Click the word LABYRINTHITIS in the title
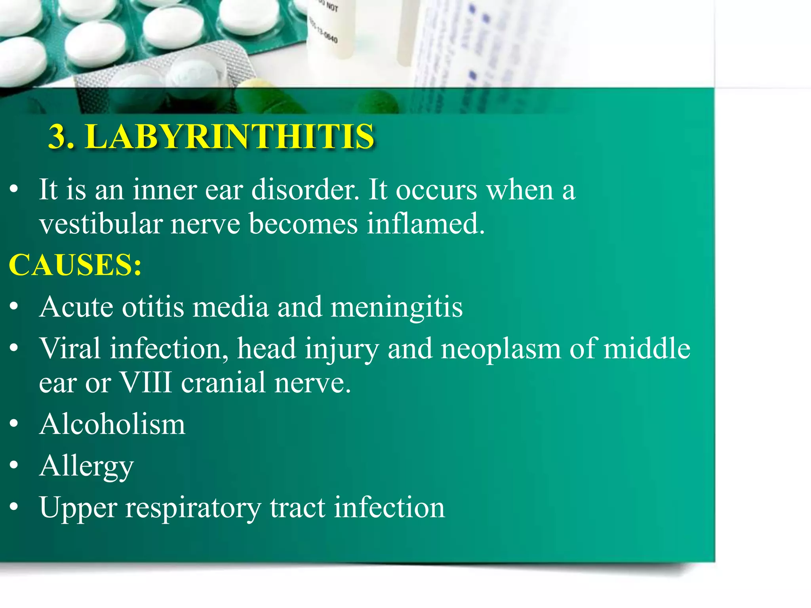point(230,137)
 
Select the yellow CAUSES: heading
point(75,265)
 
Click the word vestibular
point(101,224)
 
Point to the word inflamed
point(425,224)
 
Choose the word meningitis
point(396,307)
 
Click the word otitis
point(153,307)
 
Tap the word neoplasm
point(501,349)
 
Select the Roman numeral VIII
point(146,383)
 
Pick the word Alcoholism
point(112,424)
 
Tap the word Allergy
point(87,466)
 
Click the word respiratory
point(193,508)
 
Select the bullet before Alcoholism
point(14,424)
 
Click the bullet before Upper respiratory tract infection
point(14,507)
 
